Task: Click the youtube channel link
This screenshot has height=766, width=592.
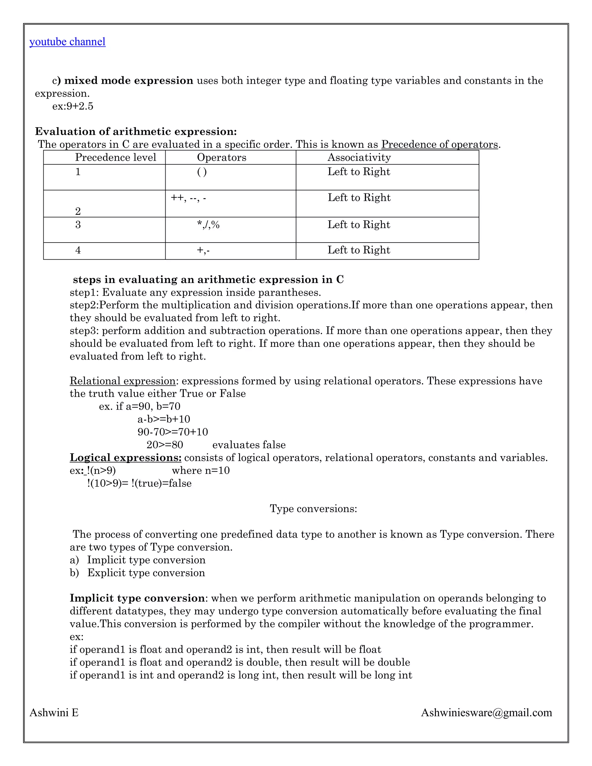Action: (67, 42)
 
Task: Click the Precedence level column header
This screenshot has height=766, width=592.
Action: (115, 158)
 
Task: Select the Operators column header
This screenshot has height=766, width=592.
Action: (221, 158)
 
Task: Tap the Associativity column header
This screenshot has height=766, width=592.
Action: (359, 158)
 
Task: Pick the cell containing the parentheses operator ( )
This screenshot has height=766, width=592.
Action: (202, 172)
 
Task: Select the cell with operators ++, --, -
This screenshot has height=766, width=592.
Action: (188, 198)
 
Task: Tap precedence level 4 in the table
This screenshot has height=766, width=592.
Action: (78, 250)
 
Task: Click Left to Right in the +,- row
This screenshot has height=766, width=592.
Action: (358, 250)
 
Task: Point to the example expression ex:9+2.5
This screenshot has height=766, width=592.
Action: (73, 106)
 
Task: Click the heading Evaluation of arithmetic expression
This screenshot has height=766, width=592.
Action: (136, 132)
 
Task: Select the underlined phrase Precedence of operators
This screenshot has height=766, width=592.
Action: (439, 145)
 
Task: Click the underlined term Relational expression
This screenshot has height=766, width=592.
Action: (122, 381)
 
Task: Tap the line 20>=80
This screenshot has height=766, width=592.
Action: (164, 445)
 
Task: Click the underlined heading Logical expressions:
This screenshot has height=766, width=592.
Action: (125, 458)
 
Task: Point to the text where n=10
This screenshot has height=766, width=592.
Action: (201, 470)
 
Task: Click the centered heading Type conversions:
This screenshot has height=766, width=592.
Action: (313, 508)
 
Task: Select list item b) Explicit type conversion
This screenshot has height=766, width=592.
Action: (138, 573)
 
